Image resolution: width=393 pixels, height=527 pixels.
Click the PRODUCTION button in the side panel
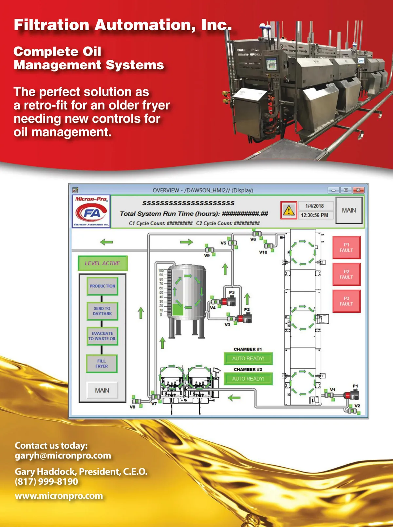point(102,286)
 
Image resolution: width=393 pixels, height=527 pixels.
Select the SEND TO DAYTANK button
point(102,311)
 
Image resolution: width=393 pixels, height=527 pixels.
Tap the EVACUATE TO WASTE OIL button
point(102,336)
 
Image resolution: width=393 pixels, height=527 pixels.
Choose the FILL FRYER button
point(102,364)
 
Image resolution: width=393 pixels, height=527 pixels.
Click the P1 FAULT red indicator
point(346,247)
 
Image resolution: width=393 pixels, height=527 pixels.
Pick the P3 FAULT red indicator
point(346,301)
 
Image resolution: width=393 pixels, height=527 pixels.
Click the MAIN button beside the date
point(349,210)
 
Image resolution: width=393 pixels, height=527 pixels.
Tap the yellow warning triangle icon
point(289,210)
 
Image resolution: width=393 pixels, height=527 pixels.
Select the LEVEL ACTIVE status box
point(102,263)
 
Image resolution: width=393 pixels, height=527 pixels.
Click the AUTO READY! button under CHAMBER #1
point(248,359)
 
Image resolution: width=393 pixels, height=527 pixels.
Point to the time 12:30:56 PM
point(314,215)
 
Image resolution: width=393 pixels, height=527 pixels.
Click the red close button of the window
point(359,190)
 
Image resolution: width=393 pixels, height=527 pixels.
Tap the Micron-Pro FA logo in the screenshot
point(91,212)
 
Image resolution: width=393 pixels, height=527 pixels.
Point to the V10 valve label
point(263,252)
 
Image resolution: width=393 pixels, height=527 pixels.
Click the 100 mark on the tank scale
point(161,270)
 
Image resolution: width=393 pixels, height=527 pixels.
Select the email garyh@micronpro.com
point(63,456)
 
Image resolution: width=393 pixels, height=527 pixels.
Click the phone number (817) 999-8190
point(47,482)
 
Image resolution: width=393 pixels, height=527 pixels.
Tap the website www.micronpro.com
point(59,496)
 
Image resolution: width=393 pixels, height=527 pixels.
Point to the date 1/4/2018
point(314,206)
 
